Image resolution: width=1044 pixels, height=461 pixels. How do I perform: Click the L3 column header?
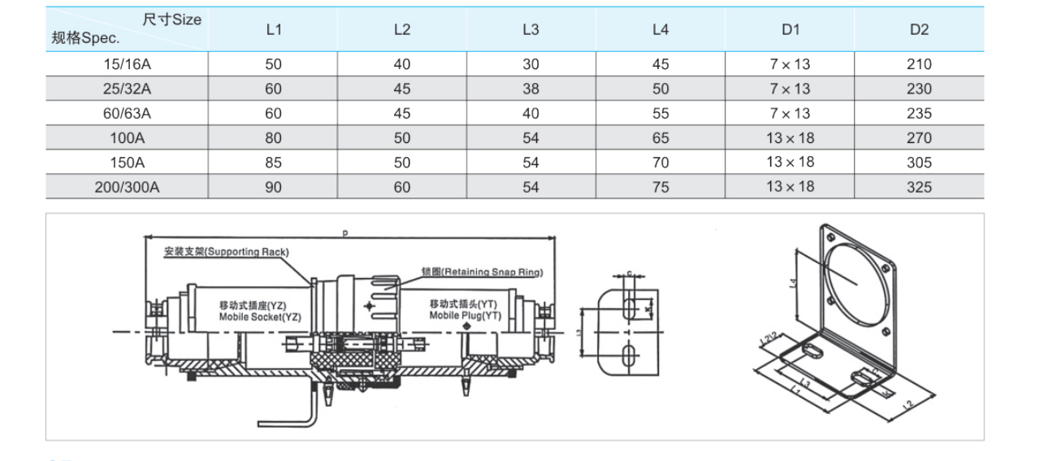click(531, 29)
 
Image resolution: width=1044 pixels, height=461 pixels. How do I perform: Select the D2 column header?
click(919, 29)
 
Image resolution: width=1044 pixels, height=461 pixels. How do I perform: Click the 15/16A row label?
click(127, 64)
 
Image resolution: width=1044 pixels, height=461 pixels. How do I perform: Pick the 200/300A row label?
click(127, 187)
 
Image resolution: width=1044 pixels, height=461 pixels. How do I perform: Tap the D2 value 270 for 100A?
click(919, 138)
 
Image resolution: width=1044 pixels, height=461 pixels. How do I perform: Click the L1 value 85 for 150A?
click(273, 163)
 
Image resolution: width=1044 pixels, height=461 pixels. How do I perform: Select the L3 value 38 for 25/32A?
click(531, 89)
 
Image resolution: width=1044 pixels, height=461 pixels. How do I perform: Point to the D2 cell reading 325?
click(919, 187)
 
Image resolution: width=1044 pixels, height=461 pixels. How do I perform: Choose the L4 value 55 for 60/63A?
click(661, 114)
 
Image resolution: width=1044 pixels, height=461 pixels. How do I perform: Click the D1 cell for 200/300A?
click(790, 187)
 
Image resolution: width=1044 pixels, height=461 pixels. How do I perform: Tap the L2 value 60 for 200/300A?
click(402, 187)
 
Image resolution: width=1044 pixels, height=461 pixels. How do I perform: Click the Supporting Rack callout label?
click(226, 252)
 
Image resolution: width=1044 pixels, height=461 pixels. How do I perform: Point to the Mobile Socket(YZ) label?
click(259, 311)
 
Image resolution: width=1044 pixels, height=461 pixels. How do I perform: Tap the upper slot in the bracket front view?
click(630, 308)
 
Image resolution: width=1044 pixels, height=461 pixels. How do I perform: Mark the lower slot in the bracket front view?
click(630, 354)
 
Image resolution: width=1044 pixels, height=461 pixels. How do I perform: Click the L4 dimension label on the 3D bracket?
click(793, 284)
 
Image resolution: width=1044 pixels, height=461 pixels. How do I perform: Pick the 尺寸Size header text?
click(171, 20)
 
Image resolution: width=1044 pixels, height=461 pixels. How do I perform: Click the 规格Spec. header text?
click(85, 37)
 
